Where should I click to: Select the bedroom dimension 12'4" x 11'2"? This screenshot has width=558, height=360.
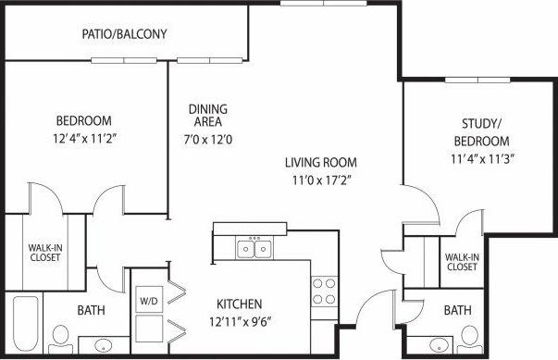click(83, 139)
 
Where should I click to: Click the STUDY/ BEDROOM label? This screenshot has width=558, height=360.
click(481, 132)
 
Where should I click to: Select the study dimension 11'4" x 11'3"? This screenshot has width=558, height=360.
click(481, 158)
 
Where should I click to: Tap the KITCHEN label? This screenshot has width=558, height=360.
click(240, 304)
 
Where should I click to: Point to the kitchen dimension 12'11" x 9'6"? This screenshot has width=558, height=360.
click(240, 322)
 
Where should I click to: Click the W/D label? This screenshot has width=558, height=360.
click(149, 302)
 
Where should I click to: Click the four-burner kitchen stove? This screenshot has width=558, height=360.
click(323, 292)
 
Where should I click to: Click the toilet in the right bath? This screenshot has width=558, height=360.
click(469, 336)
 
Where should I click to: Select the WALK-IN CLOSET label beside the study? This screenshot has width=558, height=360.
click(462, 261)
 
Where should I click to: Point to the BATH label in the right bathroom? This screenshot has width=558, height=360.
click(457, 310)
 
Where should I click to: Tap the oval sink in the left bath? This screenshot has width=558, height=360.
click(104, 346)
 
